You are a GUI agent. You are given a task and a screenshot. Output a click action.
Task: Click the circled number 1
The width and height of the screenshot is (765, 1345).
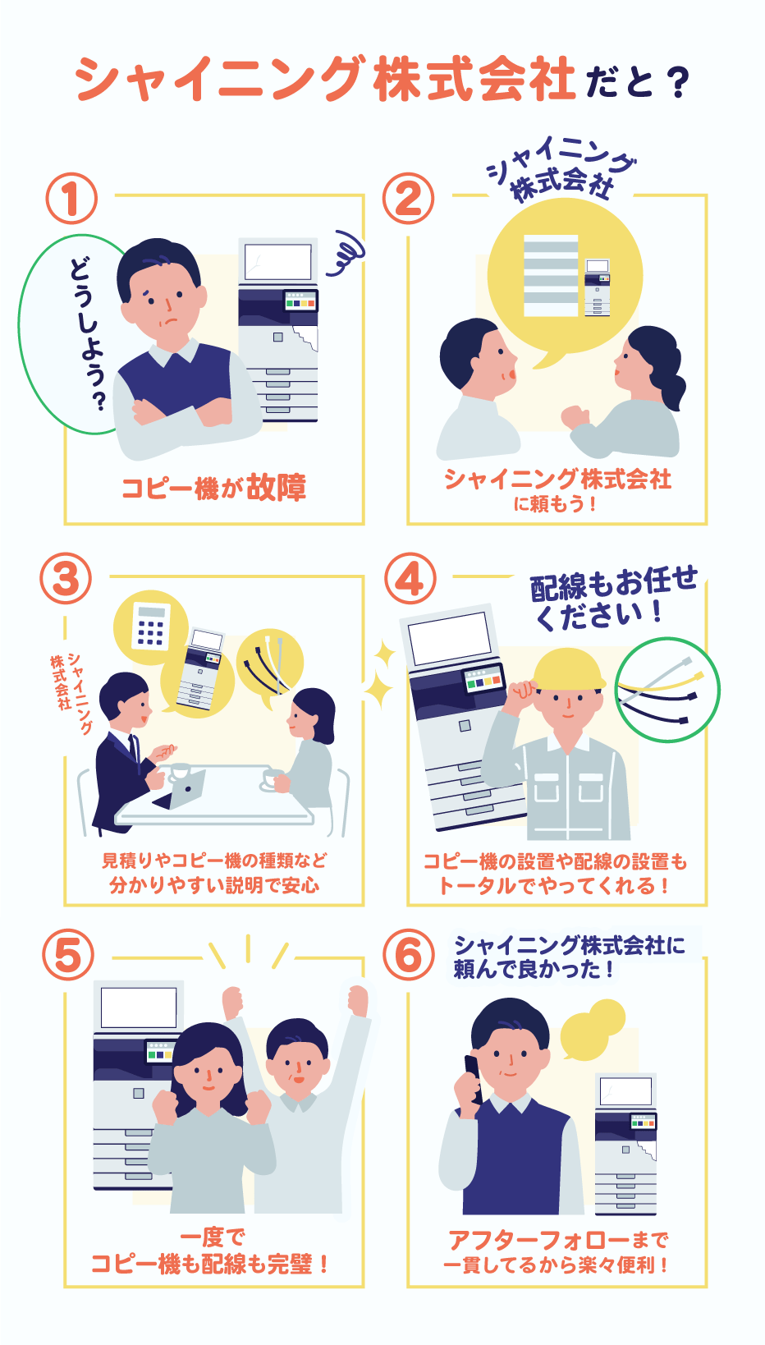tap(71, 199)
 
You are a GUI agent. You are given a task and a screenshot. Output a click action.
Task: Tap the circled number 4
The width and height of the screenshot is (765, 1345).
tap(410, 579)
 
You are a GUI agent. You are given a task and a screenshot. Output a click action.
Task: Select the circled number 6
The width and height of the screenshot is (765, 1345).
tap(409, 955)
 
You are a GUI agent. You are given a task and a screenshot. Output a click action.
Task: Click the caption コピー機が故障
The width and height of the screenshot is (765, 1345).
tap(213, 488)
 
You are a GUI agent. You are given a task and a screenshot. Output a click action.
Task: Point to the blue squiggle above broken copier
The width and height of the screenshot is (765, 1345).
tap(345, 254)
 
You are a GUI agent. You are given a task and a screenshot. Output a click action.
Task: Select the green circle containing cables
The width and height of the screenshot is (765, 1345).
tap(667, 690)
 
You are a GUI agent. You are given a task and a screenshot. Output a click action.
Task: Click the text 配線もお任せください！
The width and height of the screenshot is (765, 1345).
tap(612, 598)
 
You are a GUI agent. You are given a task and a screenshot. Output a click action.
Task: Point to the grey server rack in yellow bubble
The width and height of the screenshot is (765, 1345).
tap(550, 276)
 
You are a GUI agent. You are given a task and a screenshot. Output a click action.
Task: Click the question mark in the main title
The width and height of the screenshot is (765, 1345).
tap(677, 83)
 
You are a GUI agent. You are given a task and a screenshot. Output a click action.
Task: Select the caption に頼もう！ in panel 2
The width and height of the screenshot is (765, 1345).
tap(556, 503)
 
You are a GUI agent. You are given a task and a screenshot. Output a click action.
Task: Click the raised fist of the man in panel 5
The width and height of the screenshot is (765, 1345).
tap(358, 999)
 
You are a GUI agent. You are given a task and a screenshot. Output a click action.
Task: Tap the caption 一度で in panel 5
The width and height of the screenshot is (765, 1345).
tap(213, 1236)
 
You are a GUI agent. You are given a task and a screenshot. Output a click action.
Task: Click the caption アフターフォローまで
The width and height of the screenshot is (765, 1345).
tap(557, 1239)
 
